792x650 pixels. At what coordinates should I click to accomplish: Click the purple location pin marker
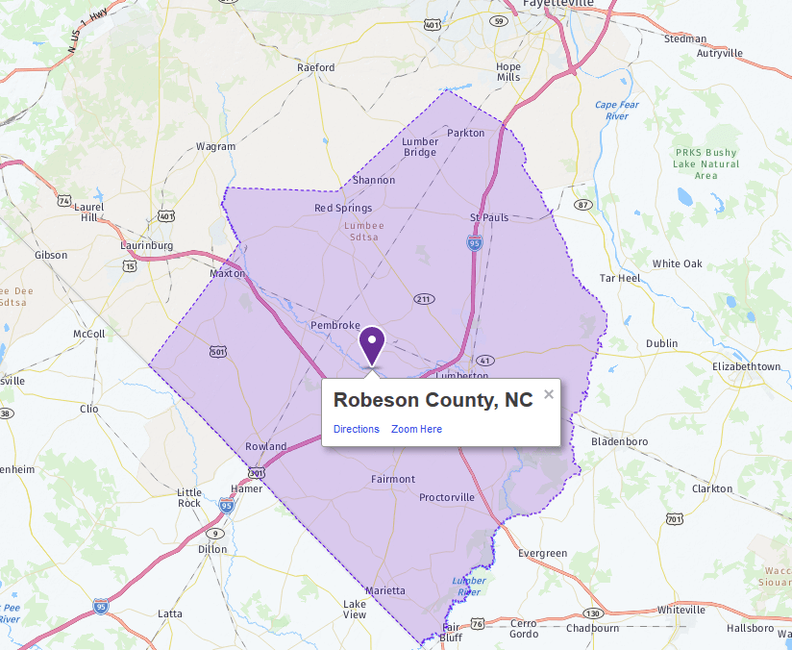pos(372,344)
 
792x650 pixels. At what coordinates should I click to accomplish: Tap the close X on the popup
pos(549,394)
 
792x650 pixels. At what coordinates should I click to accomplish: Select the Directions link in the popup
pos(357,429)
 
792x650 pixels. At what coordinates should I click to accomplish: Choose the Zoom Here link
pos(416,429)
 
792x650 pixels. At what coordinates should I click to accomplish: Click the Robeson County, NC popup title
pos(433,401)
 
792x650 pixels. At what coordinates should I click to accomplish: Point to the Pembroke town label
pos(335,326)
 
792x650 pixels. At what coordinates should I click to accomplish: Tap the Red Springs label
pos(343,208)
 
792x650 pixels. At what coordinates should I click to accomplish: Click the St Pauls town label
pos(489,217)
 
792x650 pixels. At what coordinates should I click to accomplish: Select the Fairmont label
pos(393,479)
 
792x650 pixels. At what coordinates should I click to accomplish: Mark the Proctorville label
pos(447,497)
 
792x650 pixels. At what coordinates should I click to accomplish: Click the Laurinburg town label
pos(147,245)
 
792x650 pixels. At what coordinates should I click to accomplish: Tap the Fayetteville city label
pos(558,5)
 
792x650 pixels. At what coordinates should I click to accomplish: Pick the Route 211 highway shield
pos(423,299)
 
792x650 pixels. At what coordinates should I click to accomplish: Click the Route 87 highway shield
pos(583,205)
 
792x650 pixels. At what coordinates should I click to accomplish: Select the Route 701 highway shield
pos(674,520)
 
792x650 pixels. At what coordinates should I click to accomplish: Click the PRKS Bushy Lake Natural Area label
pos(706,163)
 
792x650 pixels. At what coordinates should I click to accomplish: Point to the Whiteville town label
pos(681,610)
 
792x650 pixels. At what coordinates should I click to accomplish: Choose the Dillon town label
pos(212,549)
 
